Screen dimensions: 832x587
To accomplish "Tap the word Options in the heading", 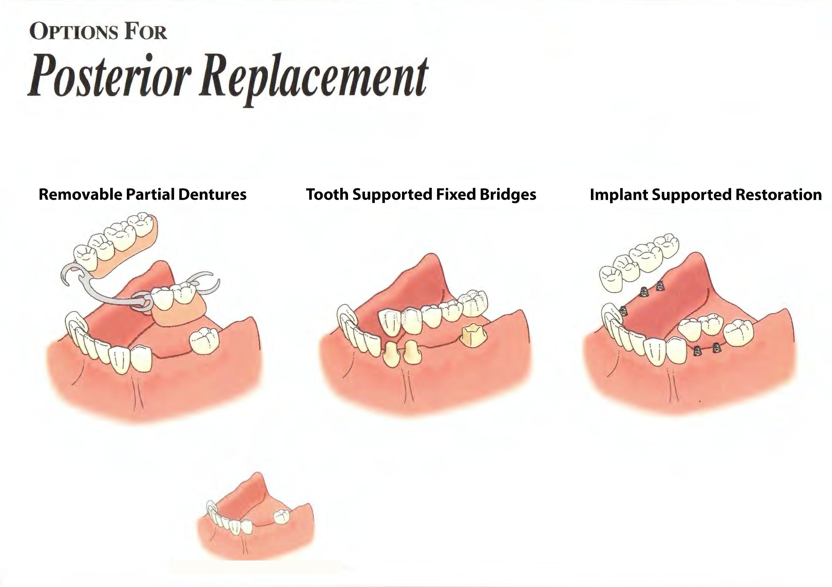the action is (x=74, y=32).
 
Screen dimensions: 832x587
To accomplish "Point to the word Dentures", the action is (x=212, y=195).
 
